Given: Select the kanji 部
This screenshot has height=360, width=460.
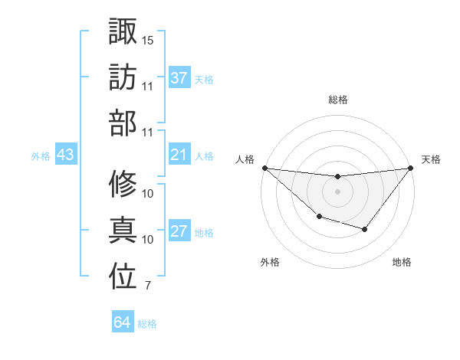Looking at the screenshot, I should (x=123, y=123).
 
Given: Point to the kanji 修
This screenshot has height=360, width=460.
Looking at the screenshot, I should (x=123, y=184).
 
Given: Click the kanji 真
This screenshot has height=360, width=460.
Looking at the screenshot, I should (x=123, y=230).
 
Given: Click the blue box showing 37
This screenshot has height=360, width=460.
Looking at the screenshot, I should (x=179, y=78).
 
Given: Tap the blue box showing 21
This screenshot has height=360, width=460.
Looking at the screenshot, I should (x=179, y=155).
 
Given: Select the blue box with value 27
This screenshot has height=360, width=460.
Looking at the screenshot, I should (x=179, y=232).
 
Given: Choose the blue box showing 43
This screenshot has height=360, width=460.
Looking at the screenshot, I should (x=65, y=155).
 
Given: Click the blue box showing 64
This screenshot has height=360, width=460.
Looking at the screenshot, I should (x=122, y=322).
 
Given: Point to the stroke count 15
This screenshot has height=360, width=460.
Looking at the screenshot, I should (x=148, y=39).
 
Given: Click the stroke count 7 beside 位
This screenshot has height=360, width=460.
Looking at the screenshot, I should (x=147, y=286).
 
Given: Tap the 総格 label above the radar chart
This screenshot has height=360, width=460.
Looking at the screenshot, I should (x=337, y=100).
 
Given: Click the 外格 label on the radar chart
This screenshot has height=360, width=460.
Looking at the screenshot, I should (x=270, y=262).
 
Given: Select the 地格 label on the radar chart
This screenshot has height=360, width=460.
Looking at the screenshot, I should (x=402, y=262).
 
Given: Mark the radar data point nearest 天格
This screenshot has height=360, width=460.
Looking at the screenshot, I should (x=409, y=168).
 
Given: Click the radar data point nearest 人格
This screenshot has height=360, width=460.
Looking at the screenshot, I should (x=264, y=168).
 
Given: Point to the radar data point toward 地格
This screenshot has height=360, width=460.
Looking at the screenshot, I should (x=364, y=229).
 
